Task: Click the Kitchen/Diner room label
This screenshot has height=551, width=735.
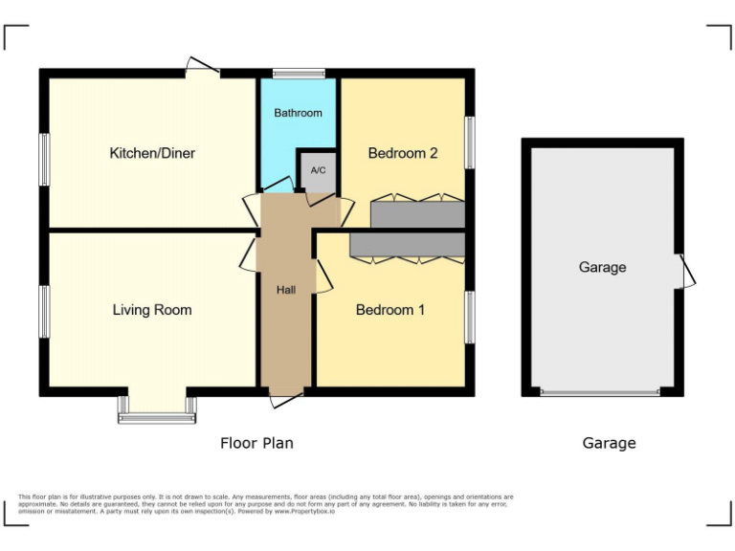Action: (x=152, y=153)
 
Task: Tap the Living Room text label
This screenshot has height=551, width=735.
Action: (x=152, y=310)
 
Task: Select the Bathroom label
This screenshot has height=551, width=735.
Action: (x=299, y=113)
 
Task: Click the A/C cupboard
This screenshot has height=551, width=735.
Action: (x=318, y=171)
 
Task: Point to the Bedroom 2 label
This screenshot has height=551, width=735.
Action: (x=403, y=153)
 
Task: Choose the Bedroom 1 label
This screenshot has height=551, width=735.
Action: (x=390, y=310)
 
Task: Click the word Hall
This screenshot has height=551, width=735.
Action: (x=286, y=290)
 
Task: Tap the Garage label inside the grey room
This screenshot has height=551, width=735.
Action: (x=603, y=268)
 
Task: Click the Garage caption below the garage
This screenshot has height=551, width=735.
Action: (x=609, y=443)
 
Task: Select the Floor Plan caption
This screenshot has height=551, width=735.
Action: (x=256, y=443)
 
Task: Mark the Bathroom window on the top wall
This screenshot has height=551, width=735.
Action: (x=299, y=73)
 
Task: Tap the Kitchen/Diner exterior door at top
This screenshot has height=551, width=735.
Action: (x=202, y=68)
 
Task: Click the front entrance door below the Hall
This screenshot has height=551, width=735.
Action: (x=285, y=397)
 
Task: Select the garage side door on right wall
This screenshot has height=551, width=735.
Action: (x=685, y=272)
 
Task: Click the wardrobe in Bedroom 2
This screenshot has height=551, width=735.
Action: (x=417, y=213)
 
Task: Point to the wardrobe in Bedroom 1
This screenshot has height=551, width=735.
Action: (x=408, y=245)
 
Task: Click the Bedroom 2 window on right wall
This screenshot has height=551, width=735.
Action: (x=470, y=143)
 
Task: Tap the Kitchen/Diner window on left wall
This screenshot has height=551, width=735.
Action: (x=44, y=158)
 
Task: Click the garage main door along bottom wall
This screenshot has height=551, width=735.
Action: (x=600, y=392)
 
